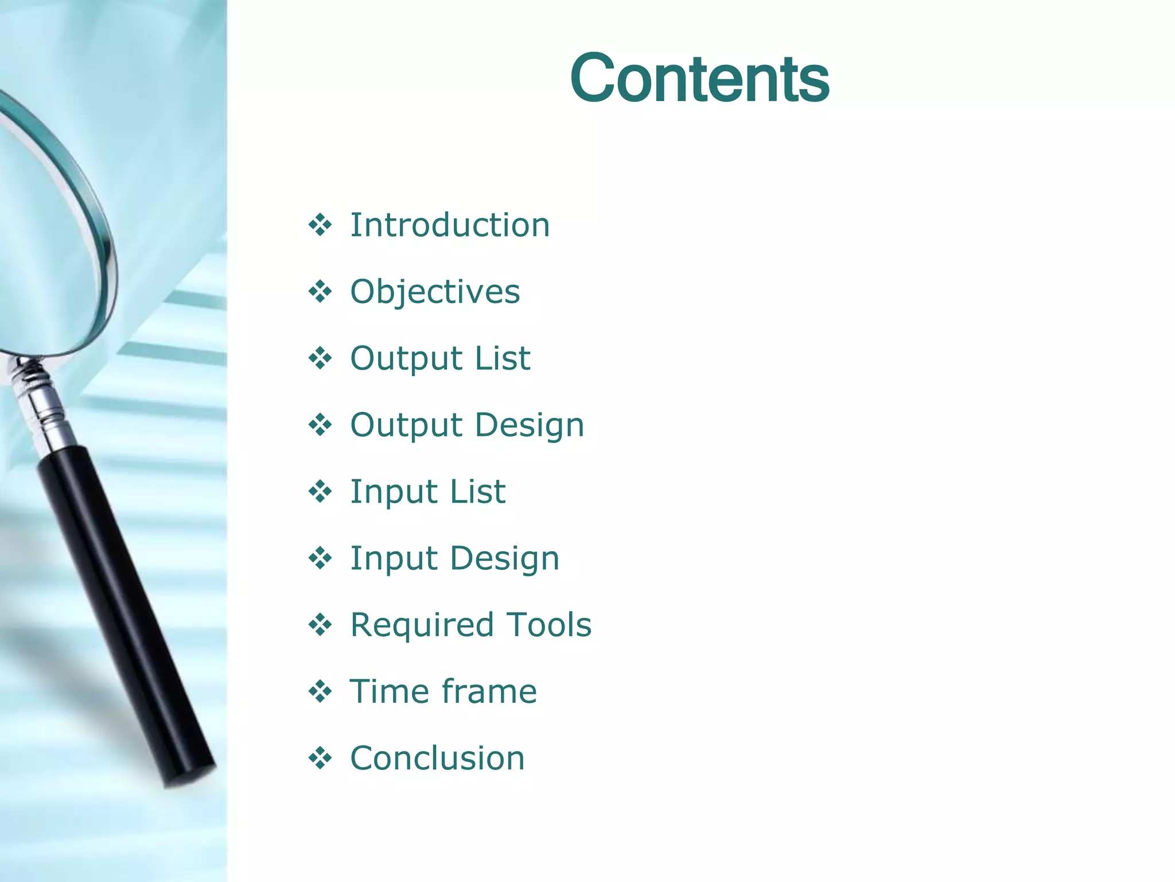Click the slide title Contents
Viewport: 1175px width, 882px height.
pyautogui.click(x=699, y=78)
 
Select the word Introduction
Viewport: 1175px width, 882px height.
pyautogui.click(x=450, y=225)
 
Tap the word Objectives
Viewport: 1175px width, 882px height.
pyautogui.click(x=435, y=292)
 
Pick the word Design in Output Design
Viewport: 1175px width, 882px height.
pyautogui.click(x=529, y=425)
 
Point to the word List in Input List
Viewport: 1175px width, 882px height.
pyautogui.click(x=477, y=492)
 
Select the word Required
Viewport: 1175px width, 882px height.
pyautogui.click(x=422, y=625)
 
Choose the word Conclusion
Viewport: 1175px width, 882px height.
pyautogui.click(x=437, y=758)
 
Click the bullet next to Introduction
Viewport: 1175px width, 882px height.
pyautogui.click(x=320, y=225)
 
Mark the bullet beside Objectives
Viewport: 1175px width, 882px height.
pyautogui.click(x=320, y=292)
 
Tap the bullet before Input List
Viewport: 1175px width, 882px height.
pyautogui.click(x=320, y=492)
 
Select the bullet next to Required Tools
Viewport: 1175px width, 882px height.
pyautogui.click(x=320, y=625)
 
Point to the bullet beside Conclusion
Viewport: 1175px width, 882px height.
pyautogui.click(x=320, y=758)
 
